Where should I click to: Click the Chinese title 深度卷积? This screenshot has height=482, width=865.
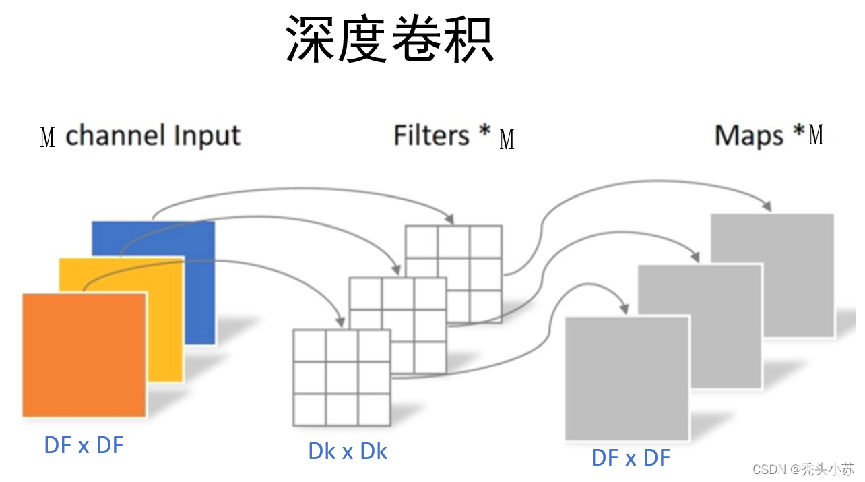click(389, 38)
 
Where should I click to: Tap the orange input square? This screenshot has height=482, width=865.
click(84, 355)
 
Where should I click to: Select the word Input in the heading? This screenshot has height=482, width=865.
click(207, 136)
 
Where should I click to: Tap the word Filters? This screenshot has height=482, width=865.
click(431, 135)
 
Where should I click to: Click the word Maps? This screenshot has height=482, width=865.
click(749, 136)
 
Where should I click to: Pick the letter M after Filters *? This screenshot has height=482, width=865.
click(507, 139)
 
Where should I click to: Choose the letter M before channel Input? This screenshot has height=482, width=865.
click(48, 138)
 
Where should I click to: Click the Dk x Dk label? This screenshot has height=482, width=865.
click(348, 451)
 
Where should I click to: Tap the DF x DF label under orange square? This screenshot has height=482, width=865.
click(84, 444)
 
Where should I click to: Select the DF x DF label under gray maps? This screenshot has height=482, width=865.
click(631, 458)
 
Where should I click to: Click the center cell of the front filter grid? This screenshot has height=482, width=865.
click(342, 378)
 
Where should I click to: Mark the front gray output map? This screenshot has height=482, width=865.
click(627, 378)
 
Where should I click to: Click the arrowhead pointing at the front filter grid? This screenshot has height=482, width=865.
click(340, 322)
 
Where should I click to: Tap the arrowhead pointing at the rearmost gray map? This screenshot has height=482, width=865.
click(767, 206)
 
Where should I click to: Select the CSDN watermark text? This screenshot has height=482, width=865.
click(803, 469)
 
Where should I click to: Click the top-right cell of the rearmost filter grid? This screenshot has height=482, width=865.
click(486, 242)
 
